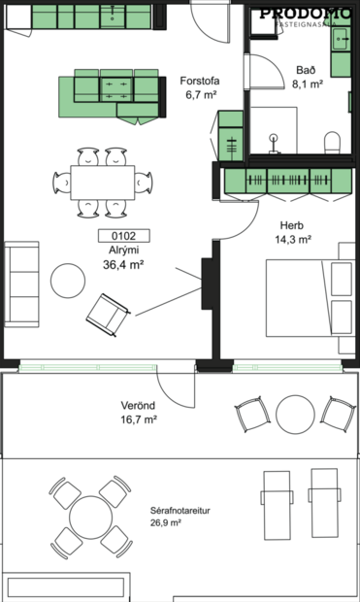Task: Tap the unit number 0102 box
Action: [117, 234]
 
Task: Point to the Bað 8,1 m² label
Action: [309, 77]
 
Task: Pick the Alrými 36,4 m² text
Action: [123, 256]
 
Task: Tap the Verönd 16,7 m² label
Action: [139, 413]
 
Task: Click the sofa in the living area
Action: [22, 284]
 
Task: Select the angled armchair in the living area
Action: [107, 313]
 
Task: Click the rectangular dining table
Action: [102, 182]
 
